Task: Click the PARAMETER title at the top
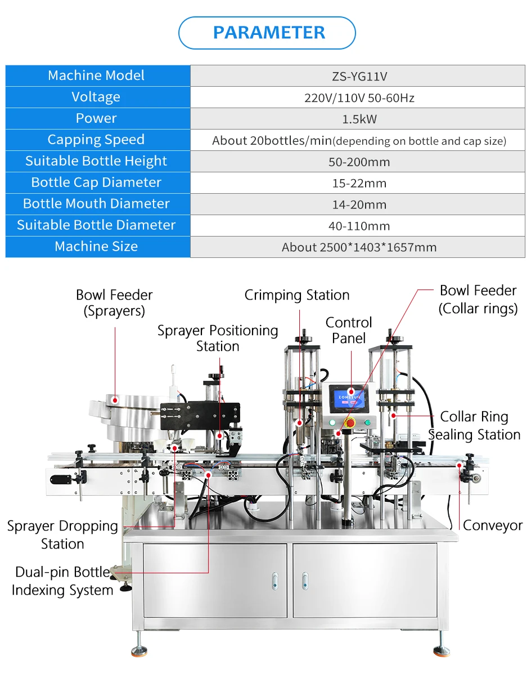point(268,33)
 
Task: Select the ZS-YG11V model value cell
point(358,76)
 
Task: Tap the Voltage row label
point(96,97)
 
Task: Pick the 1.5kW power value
point(358,119)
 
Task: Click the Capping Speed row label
point(96,140)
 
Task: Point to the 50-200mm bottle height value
point(358,162)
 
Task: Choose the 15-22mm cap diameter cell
point(358,183)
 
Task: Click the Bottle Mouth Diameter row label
point(96,204)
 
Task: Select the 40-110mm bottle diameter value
point(358,226)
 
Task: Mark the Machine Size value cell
point(358,247)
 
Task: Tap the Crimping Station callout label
point(296,295)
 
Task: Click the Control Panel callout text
point(349,330)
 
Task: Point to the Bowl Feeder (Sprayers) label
point(114,302)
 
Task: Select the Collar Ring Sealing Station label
point(474,426)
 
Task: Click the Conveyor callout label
point(492,525)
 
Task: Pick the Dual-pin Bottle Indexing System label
point(62,581)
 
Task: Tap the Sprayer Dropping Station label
point(62,534)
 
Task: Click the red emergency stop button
point(349,422)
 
